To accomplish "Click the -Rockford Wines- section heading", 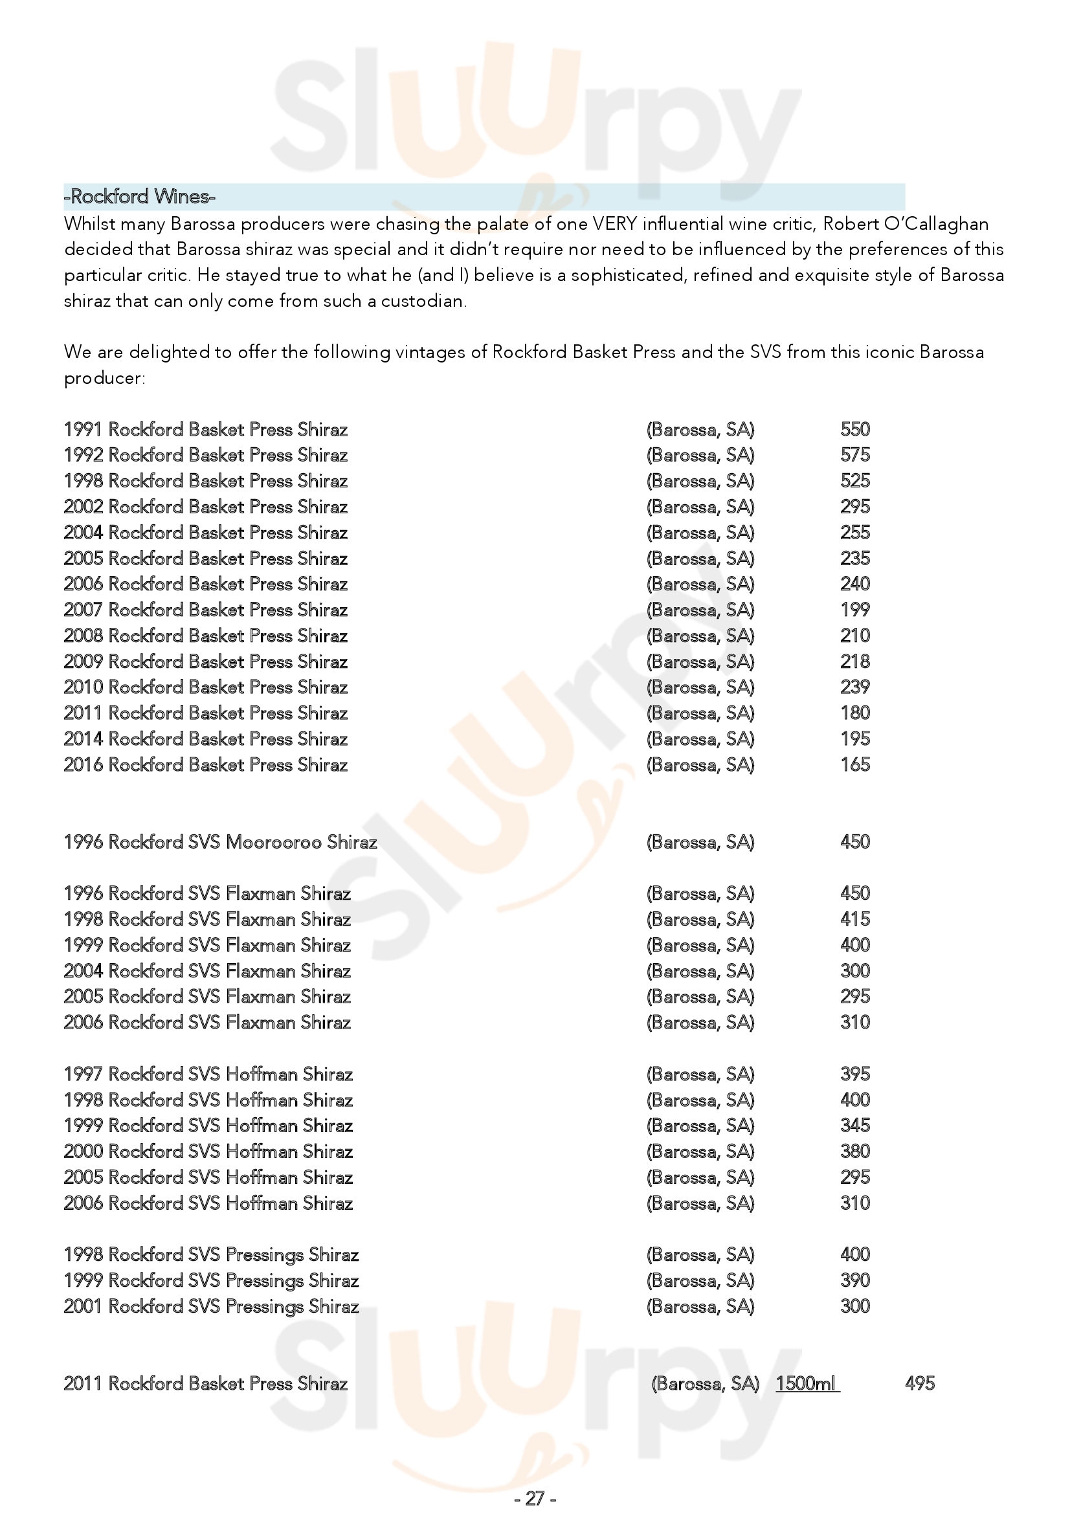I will click(x=140, y=197).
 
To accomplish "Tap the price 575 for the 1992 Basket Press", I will click(x=855, y=455).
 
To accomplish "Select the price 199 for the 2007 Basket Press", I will click(x=855, y=610).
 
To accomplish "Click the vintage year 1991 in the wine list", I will click(x=82, y=430).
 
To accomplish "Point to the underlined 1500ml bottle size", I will click(x=807, y=1383).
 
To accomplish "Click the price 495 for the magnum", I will click(x=920, y=1383).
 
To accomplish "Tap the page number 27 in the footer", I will click(x=535, y=1499).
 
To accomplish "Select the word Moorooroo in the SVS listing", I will click(x=274, y=842).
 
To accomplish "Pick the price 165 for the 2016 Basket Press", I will click(x=855, y=765).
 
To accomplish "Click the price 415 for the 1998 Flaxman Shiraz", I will click(x=855, y=919).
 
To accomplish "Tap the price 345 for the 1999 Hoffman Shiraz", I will click(x=855, y=1126).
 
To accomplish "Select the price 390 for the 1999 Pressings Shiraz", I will click(x=855, y=1280).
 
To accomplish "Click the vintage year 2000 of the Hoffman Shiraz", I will click(x=82, y=1152).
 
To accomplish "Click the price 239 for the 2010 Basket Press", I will click(x=855, y=687).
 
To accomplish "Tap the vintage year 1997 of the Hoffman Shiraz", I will click(x=82, y=1074).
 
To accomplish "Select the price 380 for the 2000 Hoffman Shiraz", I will click(x=855, y=1152).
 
